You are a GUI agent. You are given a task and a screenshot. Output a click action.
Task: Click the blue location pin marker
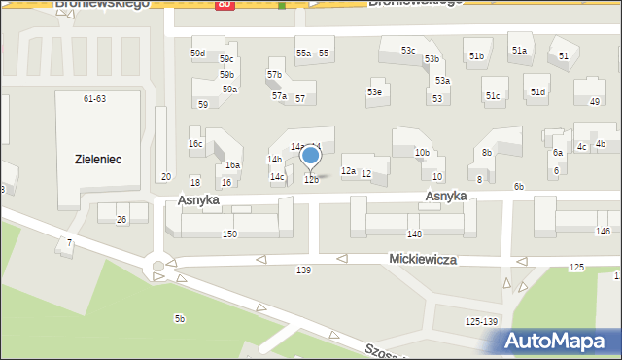click(310, 156)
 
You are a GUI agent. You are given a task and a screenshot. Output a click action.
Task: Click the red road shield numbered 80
click(225, 4)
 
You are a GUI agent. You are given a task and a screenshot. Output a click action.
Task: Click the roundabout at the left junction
click(156, 267)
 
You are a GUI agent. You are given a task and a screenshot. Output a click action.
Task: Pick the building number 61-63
click(94, 99)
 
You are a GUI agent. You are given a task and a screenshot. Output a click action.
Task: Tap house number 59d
click(197, 54)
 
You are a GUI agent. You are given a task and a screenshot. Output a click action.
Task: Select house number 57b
click(274, 75)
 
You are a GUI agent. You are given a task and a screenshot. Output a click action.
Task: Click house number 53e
click(373, 92)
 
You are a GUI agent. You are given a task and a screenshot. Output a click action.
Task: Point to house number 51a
click(519, 51)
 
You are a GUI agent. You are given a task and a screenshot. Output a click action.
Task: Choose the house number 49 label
click(594, 102)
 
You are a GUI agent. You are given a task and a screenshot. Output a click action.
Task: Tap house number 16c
click(195, 144)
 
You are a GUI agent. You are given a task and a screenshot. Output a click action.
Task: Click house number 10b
click(422, 153)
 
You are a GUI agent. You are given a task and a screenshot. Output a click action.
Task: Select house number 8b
click(487, 153)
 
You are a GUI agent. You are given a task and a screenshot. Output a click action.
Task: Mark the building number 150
click(229, 234)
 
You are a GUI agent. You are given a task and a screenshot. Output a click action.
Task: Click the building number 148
click(414, 234)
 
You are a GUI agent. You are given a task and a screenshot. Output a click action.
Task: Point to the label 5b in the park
click(179, 319)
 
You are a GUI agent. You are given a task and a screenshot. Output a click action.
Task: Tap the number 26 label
click(121, 220)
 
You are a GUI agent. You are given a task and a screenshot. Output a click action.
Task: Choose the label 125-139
click(481, 322)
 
